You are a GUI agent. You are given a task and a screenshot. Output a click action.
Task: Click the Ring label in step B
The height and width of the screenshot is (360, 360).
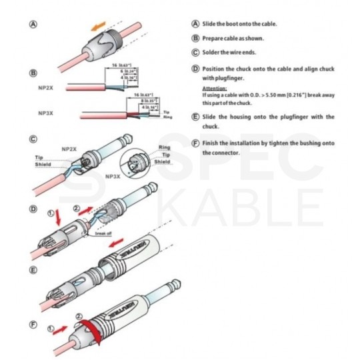tap(168, 117)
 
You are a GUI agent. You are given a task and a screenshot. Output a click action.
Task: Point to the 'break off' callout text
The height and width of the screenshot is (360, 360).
tap(103, 234)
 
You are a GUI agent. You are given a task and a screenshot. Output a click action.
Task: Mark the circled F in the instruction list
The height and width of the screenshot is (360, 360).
tap(195, 143)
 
